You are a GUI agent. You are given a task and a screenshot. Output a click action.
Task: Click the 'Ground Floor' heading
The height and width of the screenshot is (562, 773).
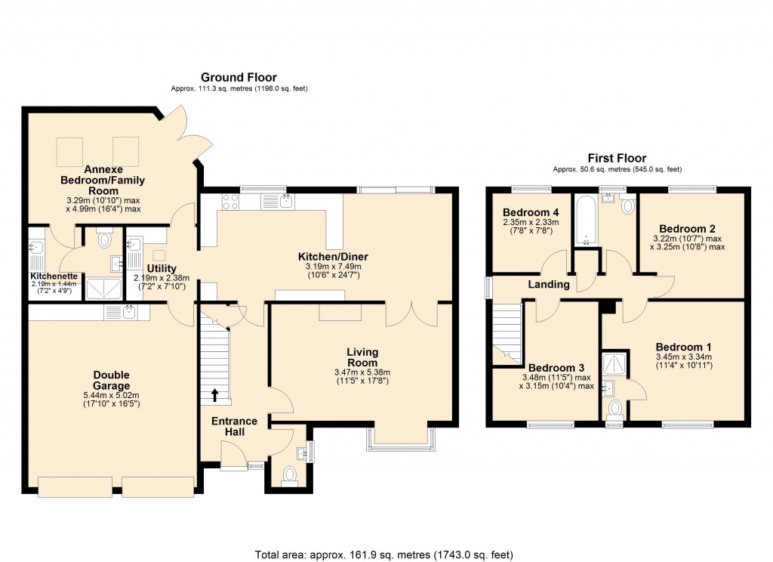point(238,77)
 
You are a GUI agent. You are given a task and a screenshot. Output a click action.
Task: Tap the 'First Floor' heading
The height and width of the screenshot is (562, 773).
point(617,158)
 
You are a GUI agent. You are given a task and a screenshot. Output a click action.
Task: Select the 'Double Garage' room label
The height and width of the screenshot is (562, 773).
point(111,381)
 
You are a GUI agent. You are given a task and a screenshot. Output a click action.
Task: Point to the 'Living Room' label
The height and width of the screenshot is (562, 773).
point(362,357)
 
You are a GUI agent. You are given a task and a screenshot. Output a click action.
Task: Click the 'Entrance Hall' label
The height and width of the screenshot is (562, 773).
point(234,427)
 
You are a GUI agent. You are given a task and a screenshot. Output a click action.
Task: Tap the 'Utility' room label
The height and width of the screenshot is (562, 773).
point(162,268)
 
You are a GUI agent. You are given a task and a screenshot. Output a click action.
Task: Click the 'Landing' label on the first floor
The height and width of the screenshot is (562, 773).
point(549,284)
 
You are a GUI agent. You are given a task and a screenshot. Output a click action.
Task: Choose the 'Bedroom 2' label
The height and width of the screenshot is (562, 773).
point(686,228)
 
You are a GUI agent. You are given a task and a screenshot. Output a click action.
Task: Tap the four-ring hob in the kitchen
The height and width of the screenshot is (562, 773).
point(230,202)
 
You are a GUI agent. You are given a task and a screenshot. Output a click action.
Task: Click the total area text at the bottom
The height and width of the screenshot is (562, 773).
point(386,554)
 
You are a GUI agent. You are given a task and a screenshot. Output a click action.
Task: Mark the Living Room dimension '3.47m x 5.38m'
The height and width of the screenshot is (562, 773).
point(362,372)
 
